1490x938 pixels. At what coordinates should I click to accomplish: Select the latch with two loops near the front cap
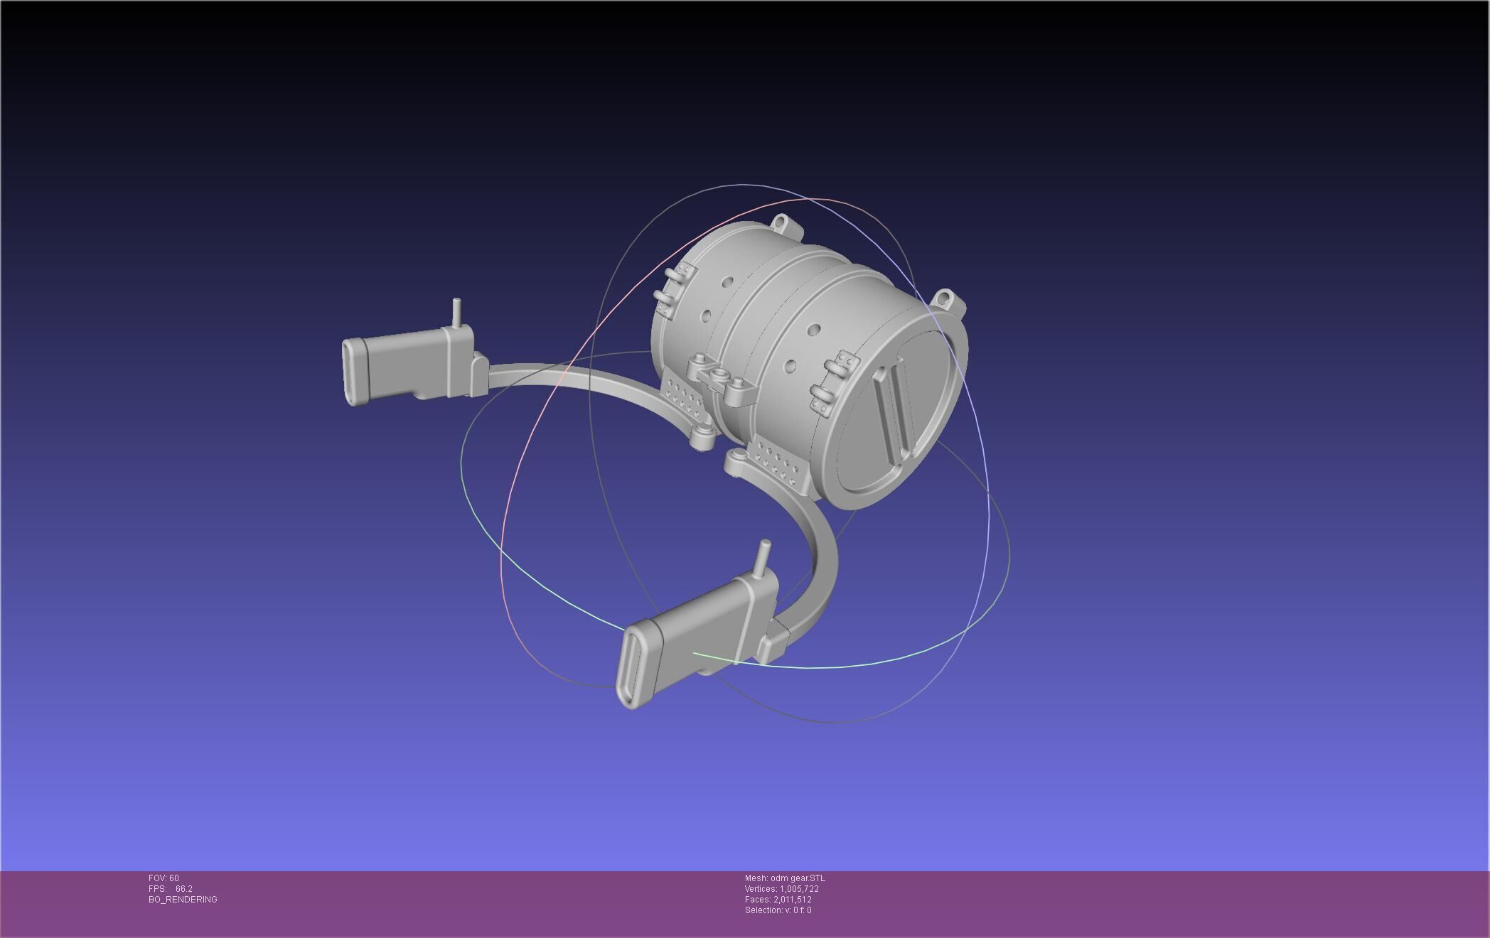[x=834, y=379]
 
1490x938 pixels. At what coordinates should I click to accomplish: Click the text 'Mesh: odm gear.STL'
[x=784, y=878]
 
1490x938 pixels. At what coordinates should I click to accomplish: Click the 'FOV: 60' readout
[x=164, y=878]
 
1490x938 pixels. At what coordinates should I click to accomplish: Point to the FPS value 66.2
[x=183, y=889]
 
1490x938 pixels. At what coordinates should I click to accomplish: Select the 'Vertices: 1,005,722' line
[x=781, y=889]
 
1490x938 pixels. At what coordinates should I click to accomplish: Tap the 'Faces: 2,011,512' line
[x=778, y=900]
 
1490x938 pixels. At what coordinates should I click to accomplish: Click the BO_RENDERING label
[x=183, y=900]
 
